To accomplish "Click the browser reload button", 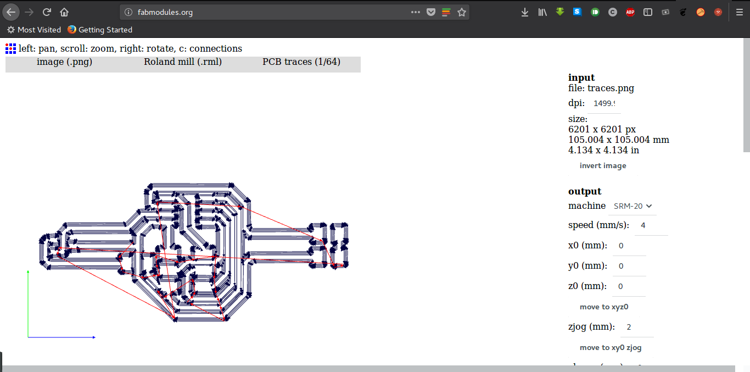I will pyautogui.click(x=47, y=12).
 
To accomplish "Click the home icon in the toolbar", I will pyautogui.click(x=64, y=12).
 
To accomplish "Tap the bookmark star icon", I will pyautogui.click(x=462, y=12).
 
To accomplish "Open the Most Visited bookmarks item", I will pyautogui.click(x=34, y=30).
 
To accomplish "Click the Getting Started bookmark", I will pyautogui.click(x=100, y=30).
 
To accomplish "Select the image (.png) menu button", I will pyautogui.click(x=64, y=62).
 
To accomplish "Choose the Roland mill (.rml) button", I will pyautogui.click(x=183, y=62).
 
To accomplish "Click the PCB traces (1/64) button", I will pyautogui.click(x=301, y=62).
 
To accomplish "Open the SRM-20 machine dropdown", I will pyautogui.click(x=633, y=206).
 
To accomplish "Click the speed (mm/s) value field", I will pyautogui.click(x=651, y=225).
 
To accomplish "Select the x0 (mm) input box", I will pyautogui.click(x=629, y=246).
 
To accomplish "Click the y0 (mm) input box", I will pyautogui.click(x=629, y=266).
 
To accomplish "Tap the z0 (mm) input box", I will pyautogui.click(x=629, y=286).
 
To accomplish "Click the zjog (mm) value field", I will pyautogui.click(x=637, y=327).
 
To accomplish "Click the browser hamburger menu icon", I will pyautogui.click(x=739, y=12).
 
